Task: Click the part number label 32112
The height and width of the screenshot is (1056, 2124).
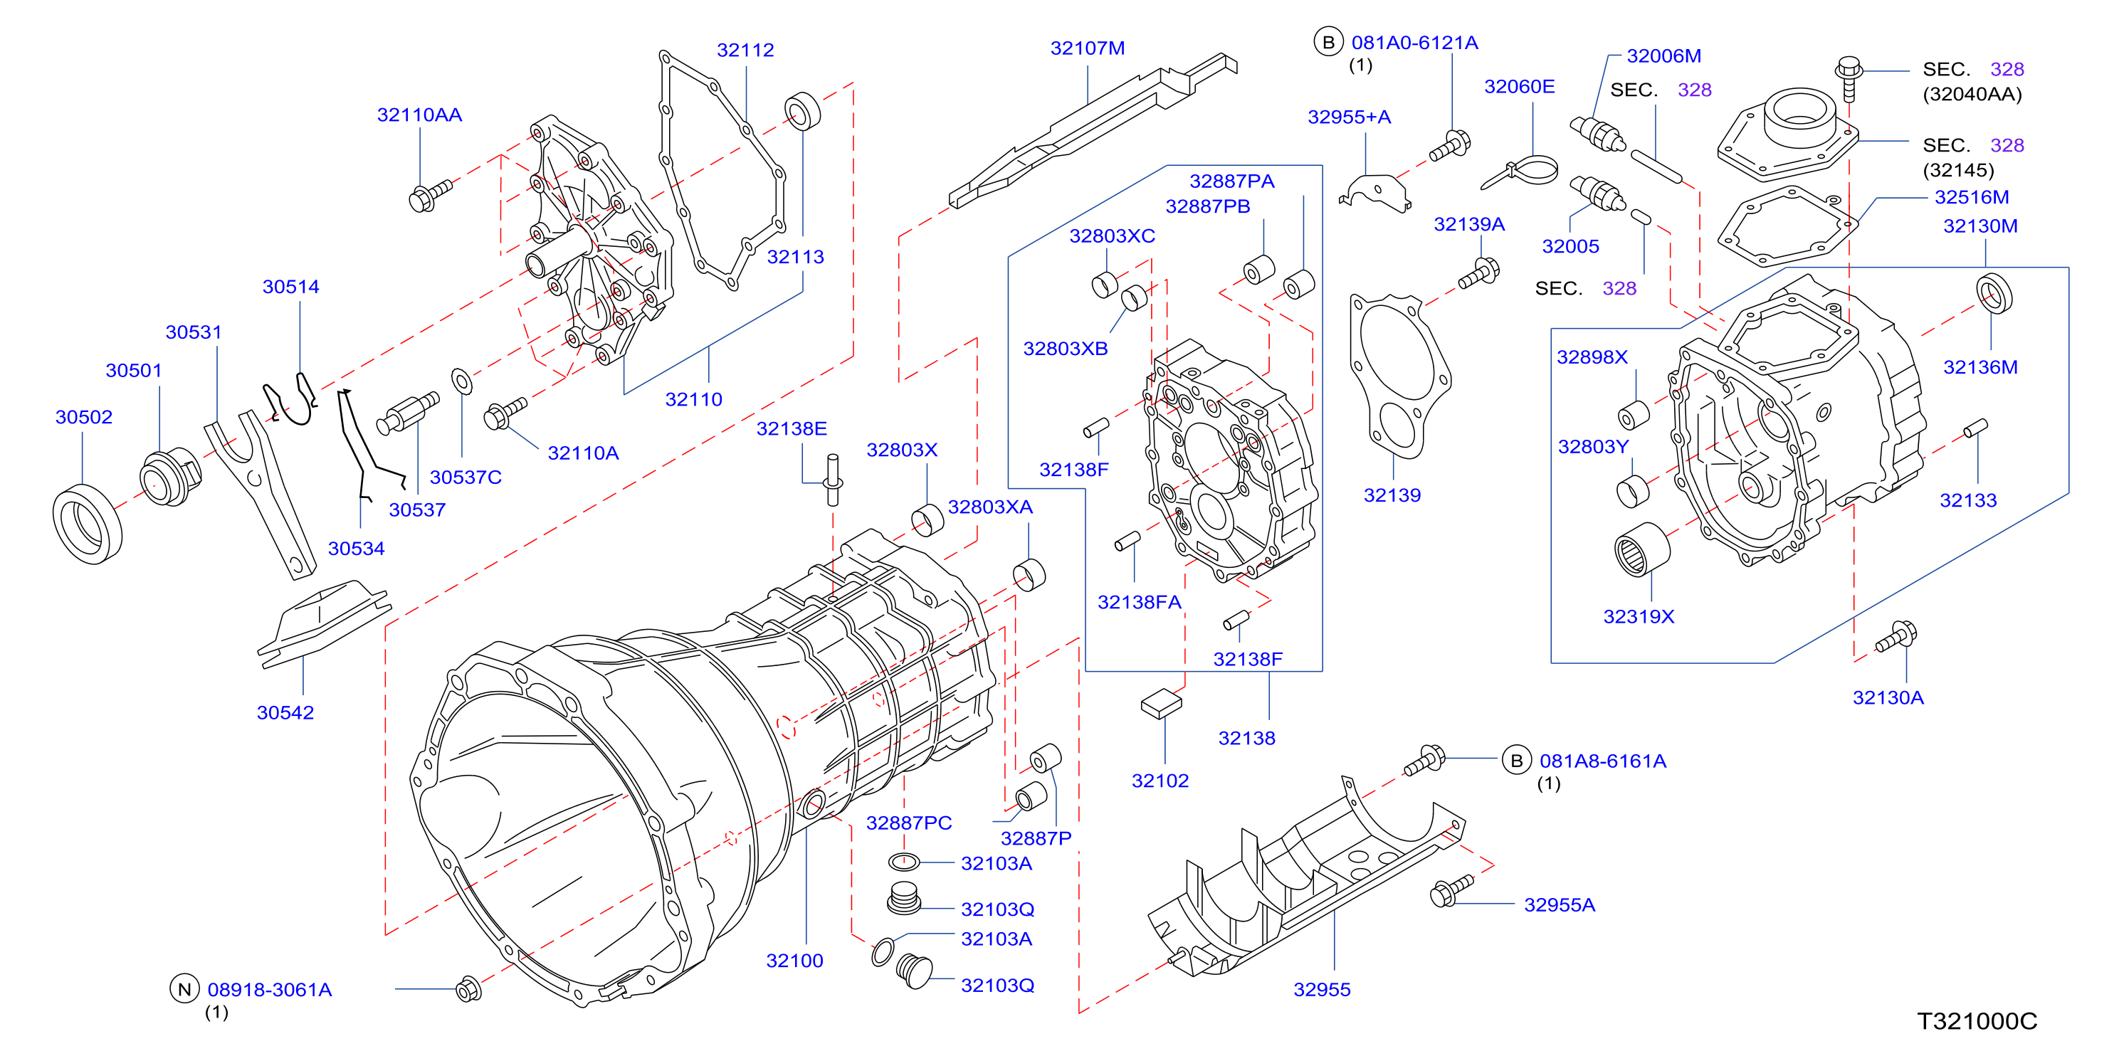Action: (x=745, y=51)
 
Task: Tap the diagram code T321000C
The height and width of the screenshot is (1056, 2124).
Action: (x=1977, y=1021)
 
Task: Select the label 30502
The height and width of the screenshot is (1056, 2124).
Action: (x=83, y=417)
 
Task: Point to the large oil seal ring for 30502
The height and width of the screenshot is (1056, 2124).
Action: (x=87, y=524)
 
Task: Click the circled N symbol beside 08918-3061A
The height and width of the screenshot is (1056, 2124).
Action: (x=184, y=989)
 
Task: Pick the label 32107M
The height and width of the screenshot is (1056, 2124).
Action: (x=1087, y=48)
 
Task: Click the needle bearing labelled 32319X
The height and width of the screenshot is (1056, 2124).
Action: (x=1641, y=549)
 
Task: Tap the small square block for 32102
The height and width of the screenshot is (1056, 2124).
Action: (x=1161, y=703)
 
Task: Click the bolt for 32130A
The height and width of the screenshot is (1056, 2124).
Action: (x=1896, y=637)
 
